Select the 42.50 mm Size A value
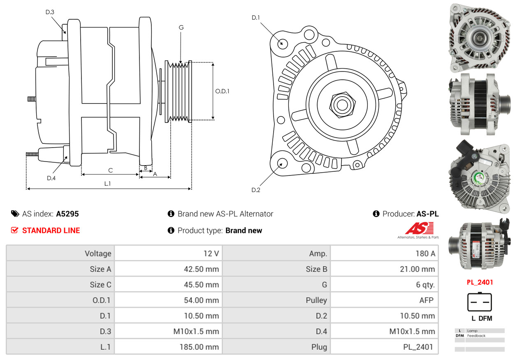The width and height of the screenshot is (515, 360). click(201, 269)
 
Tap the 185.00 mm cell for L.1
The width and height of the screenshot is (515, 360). click(199, 347)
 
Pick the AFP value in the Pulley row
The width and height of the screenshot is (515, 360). click(426, 300)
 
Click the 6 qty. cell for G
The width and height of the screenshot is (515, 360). click(425, 285)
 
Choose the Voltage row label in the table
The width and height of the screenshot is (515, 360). click(98, 254)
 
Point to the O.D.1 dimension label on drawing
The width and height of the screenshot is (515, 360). click(222, 91)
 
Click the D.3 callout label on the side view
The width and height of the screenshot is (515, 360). click(50, 12)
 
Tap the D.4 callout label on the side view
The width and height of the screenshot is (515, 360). click(51, 178)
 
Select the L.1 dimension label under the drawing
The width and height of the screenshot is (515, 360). click(107, 184)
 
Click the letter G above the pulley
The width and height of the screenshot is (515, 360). click(181, 28)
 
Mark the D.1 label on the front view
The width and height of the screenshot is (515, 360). click(256, 18)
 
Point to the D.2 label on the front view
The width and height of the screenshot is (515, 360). click(256, 190)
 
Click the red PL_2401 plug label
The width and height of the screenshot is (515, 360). click(480, 282)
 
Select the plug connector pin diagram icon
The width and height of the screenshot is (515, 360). click(480, 302)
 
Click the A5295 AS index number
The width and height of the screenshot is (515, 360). click(67, 214)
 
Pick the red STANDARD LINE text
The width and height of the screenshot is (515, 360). click(51, 231)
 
